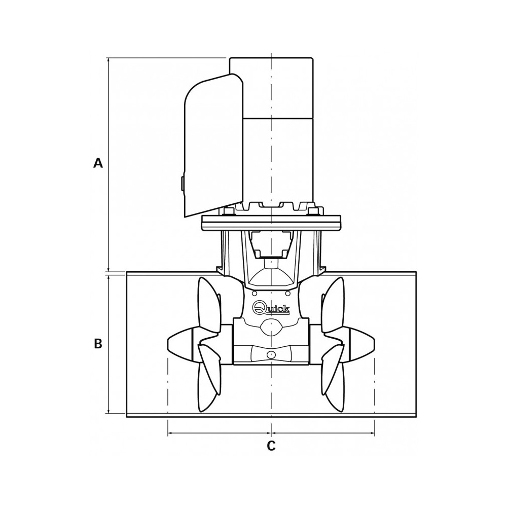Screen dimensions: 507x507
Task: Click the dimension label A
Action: point(98,163)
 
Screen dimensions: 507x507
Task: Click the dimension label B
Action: point(98,344)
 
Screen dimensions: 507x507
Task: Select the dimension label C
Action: point(271,446)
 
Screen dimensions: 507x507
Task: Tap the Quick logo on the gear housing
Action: point(271,308)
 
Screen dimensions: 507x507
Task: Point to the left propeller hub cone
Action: point(180,344)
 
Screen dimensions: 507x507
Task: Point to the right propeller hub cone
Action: point(362,344)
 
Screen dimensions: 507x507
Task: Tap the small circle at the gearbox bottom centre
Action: point(271,355)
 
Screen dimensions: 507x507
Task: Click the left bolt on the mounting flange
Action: point(228,211)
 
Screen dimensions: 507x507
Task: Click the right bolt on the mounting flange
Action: point(314,211)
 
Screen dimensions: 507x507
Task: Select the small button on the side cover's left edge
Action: point(183,183)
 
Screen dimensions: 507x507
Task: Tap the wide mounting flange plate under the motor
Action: point(271,223)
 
